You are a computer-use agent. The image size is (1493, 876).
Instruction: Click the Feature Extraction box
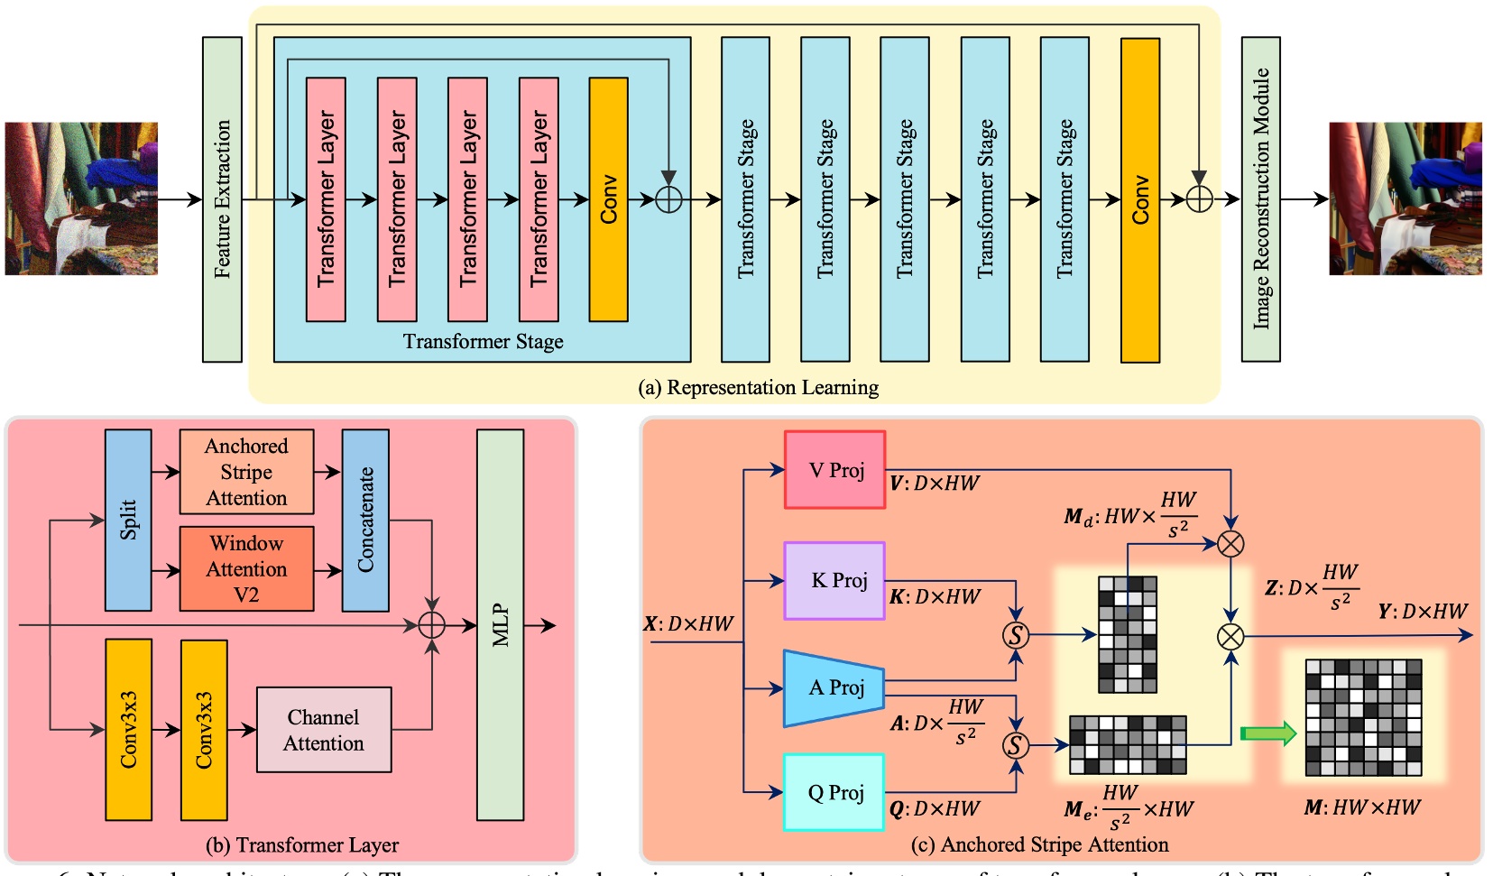point(222,199)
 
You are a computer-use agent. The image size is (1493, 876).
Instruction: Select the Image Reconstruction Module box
point(1260,199)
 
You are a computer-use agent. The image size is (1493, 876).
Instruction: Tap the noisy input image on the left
point(81,198)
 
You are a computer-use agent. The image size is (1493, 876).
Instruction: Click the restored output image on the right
point(1405,198)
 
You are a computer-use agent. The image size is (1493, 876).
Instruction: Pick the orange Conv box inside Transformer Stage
point(608,199)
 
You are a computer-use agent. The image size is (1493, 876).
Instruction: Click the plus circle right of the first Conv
point(668,199)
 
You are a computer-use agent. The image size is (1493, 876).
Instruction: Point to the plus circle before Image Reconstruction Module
point(1199,199)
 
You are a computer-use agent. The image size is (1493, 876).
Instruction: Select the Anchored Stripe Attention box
point(246,472)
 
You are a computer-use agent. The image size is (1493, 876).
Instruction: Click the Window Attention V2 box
point(246,569)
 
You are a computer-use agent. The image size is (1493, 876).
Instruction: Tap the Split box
point(128,520)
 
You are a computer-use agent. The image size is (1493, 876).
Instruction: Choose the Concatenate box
point(365,520)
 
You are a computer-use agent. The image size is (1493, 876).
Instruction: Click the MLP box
point(500,624)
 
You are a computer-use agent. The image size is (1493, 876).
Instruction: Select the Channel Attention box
point(324,730)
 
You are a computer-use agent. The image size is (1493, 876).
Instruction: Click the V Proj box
point(834,470)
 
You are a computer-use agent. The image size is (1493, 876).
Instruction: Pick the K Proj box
point(834,581)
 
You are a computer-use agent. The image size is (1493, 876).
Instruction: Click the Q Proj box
point(834,792)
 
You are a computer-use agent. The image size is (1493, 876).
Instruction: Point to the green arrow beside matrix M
point(1267,733)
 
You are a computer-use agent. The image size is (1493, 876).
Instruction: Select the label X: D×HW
point(688,623)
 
